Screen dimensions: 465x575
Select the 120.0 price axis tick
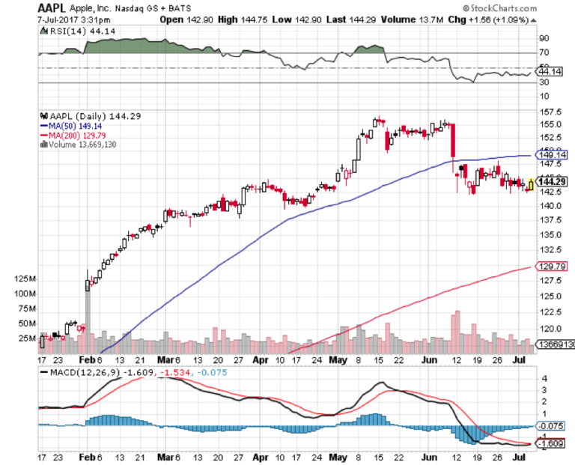tap(552, 328)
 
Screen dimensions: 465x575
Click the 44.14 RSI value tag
tap(551, 71)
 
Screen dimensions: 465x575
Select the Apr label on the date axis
tap(260, 359)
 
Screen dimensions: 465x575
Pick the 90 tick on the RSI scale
tap(544, 38)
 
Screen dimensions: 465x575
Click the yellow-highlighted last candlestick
tap(531, 183)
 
